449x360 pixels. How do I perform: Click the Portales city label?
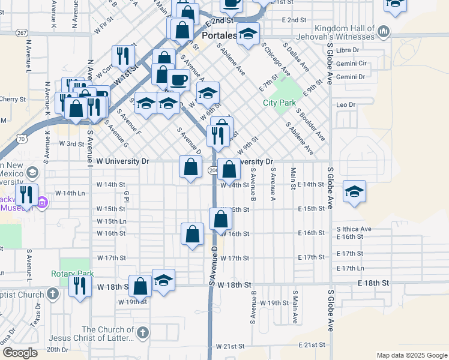point(218,35)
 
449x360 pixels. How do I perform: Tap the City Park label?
point(280,103)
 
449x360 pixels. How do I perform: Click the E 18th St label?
point(373,282)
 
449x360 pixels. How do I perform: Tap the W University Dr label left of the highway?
point(122,161)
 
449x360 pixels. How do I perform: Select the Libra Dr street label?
point(348,50)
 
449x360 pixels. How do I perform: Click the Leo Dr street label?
point(346,105)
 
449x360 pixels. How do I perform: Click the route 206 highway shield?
point(213,170)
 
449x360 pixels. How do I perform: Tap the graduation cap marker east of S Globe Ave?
point(354,191)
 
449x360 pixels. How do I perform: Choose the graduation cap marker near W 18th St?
point(163,280)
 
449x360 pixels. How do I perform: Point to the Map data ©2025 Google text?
point(412,355)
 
